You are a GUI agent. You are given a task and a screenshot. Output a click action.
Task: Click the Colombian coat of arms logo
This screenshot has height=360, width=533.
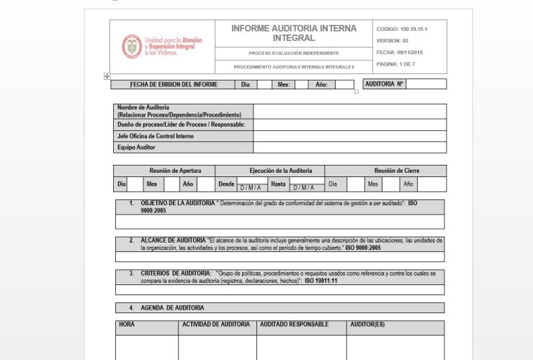click(132, 47)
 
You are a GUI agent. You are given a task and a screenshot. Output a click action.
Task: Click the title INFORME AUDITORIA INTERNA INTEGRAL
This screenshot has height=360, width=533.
click(294, 33)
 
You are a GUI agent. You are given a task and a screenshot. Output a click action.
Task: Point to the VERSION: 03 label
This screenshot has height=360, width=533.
click(393, 41)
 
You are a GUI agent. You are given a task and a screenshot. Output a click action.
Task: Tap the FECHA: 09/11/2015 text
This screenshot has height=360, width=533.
click(400, 53)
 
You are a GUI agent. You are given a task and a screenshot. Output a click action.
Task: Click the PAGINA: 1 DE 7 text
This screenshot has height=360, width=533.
click(395, 64)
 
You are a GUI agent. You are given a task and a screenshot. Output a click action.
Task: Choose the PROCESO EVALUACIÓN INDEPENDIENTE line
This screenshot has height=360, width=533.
click(294, 53)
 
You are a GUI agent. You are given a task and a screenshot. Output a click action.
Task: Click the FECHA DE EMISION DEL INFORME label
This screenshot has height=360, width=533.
click(174, 84)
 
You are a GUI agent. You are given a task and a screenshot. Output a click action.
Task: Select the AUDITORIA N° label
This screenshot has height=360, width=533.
click(385, 84)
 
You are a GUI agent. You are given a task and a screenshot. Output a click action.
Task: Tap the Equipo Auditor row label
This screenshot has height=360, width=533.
click(137, 148)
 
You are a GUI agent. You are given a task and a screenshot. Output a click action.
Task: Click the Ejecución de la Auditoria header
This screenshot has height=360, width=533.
click(281, 171)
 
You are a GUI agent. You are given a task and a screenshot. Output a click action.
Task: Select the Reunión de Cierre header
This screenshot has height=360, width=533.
click(396, 171)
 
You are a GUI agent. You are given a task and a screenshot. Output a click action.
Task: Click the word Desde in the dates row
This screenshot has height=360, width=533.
click(226, 184)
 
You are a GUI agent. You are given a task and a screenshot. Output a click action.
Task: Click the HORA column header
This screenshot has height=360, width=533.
click(127, 325)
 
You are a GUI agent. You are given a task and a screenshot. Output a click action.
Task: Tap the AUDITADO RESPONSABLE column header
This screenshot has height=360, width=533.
click(294, 325)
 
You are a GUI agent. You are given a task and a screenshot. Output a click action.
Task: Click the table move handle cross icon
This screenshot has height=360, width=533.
click(107, 76)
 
